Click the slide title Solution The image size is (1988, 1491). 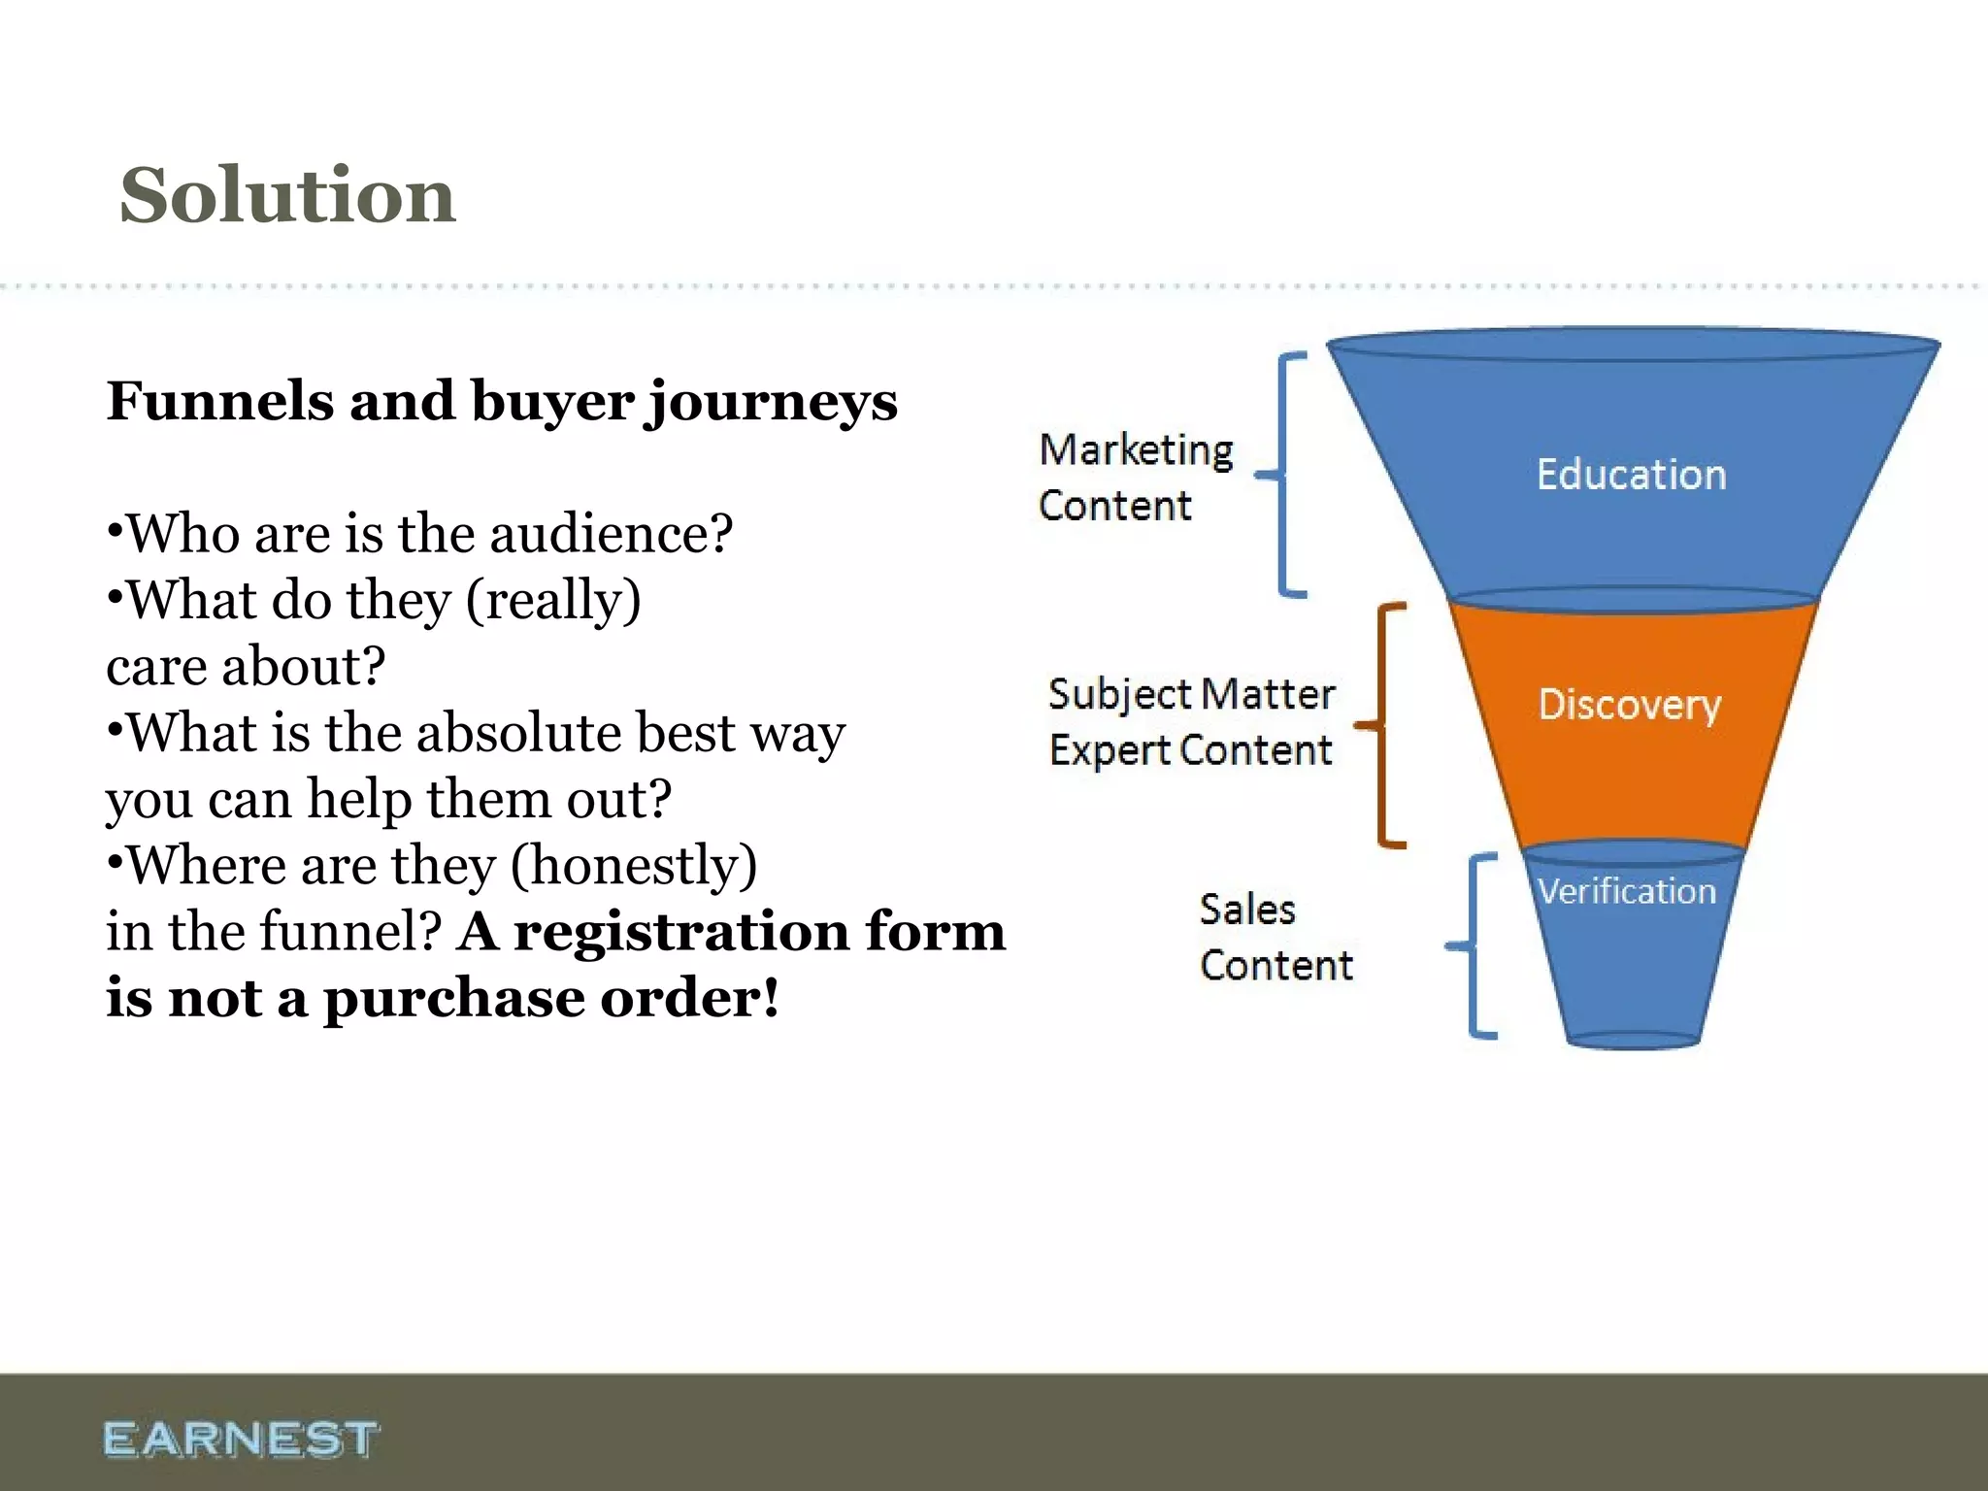coord(287,195)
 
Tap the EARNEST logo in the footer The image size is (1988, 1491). coord(241,1439)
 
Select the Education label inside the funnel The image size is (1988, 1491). coord(1631,475)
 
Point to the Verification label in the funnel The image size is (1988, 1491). coord(1627,891)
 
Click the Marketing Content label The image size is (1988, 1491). coord(1134,478)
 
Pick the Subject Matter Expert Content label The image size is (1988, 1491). coord(1191,722)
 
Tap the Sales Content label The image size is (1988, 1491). coord(1275,938)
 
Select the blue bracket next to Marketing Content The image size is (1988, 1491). coord(1283,475)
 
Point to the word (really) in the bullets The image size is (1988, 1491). coord(553,601)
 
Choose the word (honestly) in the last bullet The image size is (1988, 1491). coord(634,866)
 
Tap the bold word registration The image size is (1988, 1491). coord(680,932)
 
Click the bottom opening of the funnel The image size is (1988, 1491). coord(1633,1041)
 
